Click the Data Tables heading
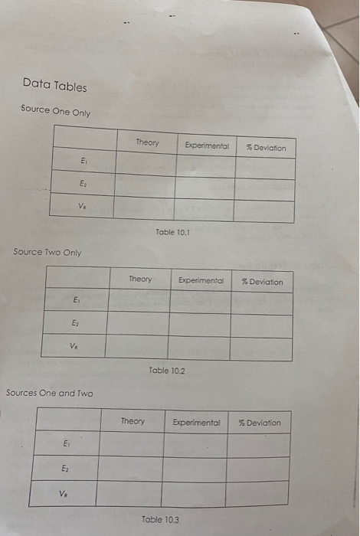pos(54,84)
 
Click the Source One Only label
pos(56,111)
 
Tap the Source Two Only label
pos(47,252)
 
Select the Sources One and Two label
pos(50,393)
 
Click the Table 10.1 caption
pos(172,230)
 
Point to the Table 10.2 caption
pos(168,371)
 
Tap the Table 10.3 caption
pos(162,519)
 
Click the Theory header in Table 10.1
pos(147,142)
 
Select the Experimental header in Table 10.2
pos(201,280)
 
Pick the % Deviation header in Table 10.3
pos(260,423)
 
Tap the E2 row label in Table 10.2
pos(75,324)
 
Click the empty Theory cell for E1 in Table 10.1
pos(146,163)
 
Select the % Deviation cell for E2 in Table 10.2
pos(260,326)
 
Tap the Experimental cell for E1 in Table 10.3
pos(195,445)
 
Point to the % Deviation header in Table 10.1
pos(264,147)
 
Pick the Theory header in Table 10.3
pos(133,421)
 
